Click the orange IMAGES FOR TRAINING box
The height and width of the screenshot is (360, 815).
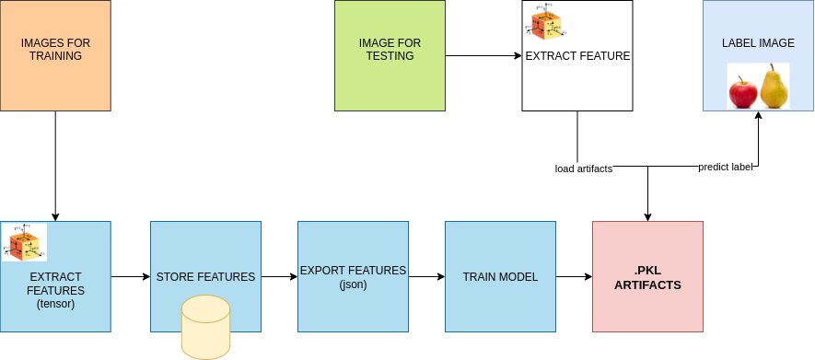(x=55, y=55)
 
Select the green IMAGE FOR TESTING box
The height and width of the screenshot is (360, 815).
(x=389, y=55)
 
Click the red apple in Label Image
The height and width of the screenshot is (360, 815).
(x=743, y=92)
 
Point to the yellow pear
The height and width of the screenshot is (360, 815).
(x=774, y=87)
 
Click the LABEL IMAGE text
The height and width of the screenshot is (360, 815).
(x=758, y=43)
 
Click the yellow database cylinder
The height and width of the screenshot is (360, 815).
(x=205, y=327)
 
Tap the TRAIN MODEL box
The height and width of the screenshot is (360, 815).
(x=500, y=276)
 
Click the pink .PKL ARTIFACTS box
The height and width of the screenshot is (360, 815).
(x=647, y=276)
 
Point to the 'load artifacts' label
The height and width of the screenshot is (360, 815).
(x=583, y=168)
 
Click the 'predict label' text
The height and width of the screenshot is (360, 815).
(x=725, y=167)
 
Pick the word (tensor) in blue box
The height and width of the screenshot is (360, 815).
(x=55, y=303)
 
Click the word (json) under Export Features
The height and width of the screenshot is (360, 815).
(x=353, y=285)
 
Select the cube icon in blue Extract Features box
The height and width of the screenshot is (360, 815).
(x=24, y=242)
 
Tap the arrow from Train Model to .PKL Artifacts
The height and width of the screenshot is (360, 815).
(x=574, y=276)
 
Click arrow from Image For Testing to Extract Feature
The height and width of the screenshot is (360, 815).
(x=483, y=55)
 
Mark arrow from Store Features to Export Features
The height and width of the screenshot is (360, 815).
(x=279, y=276)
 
